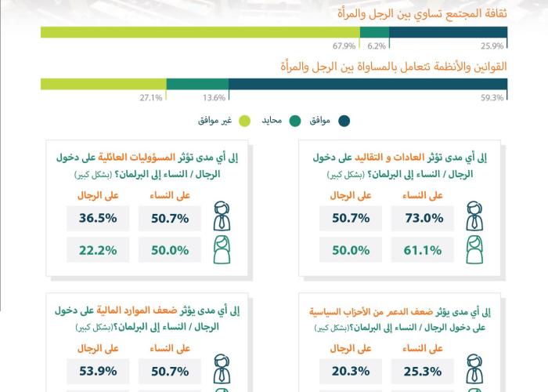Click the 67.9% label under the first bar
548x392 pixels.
tap(344, 45)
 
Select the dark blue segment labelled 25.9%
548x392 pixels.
tap(448, 32)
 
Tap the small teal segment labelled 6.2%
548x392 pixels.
tap(375, 32)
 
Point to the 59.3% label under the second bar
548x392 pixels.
tap(492, 98)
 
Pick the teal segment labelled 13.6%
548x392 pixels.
tap(197, 84)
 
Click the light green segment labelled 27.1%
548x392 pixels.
tap(103, 84)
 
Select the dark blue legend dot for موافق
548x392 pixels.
tap(344, 121)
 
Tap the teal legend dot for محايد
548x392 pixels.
tap(295, 121)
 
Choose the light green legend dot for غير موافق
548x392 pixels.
tap(244, 121)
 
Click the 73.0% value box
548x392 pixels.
tap(423, 219)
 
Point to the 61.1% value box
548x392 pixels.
tap(423, 250)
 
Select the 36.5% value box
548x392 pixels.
tap(98, 219)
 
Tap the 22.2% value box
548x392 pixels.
tap(98, 250)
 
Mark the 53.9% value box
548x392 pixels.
tap(98, 371)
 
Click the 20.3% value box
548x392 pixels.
tap(351, 371)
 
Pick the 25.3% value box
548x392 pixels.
tap(423, 371)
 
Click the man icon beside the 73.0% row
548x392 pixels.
tap(474, 216)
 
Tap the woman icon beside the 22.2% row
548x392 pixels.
tap(222, 249)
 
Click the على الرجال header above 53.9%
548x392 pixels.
tap(98, 348)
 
